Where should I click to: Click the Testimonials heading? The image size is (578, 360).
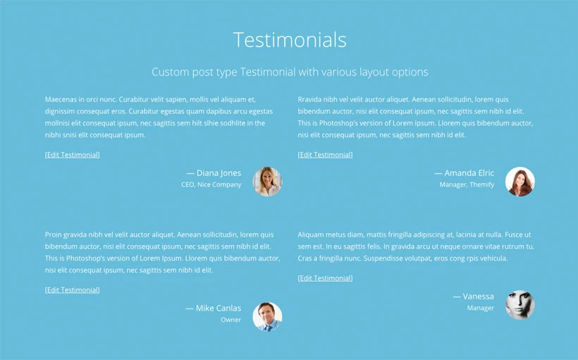point(290,39)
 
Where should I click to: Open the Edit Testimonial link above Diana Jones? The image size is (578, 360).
point(72,155)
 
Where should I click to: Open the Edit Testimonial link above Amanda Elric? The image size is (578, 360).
point(325,155)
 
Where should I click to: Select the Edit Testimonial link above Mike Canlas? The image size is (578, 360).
point(72,290)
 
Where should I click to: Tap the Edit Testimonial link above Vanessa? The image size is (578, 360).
point(325,278)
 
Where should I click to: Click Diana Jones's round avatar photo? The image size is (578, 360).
point(267,182)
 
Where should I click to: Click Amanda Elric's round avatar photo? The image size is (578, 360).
point(520,182)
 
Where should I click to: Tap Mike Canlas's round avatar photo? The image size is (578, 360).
point(267,317)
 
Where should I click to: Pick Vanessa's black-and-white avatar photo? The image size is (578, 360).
point(520,305)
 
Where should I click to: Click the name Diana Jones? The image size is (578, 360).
point(219,173)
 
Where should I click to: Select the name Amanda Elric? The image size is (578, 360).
point(469,173)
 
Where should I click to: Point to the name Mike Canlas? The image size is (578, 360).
point(219,308)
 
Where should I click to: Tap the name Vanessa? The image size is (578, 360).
point(478,297)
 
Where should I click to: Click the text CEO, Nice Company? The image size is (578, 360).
point(211,185)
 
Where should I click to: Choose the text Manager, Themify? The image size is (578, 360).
point(467,185)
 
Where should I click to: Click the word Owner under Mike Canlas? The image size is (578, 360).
point(230,320)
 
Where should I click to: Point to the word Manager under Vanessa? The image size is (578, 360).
point(480,308)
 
